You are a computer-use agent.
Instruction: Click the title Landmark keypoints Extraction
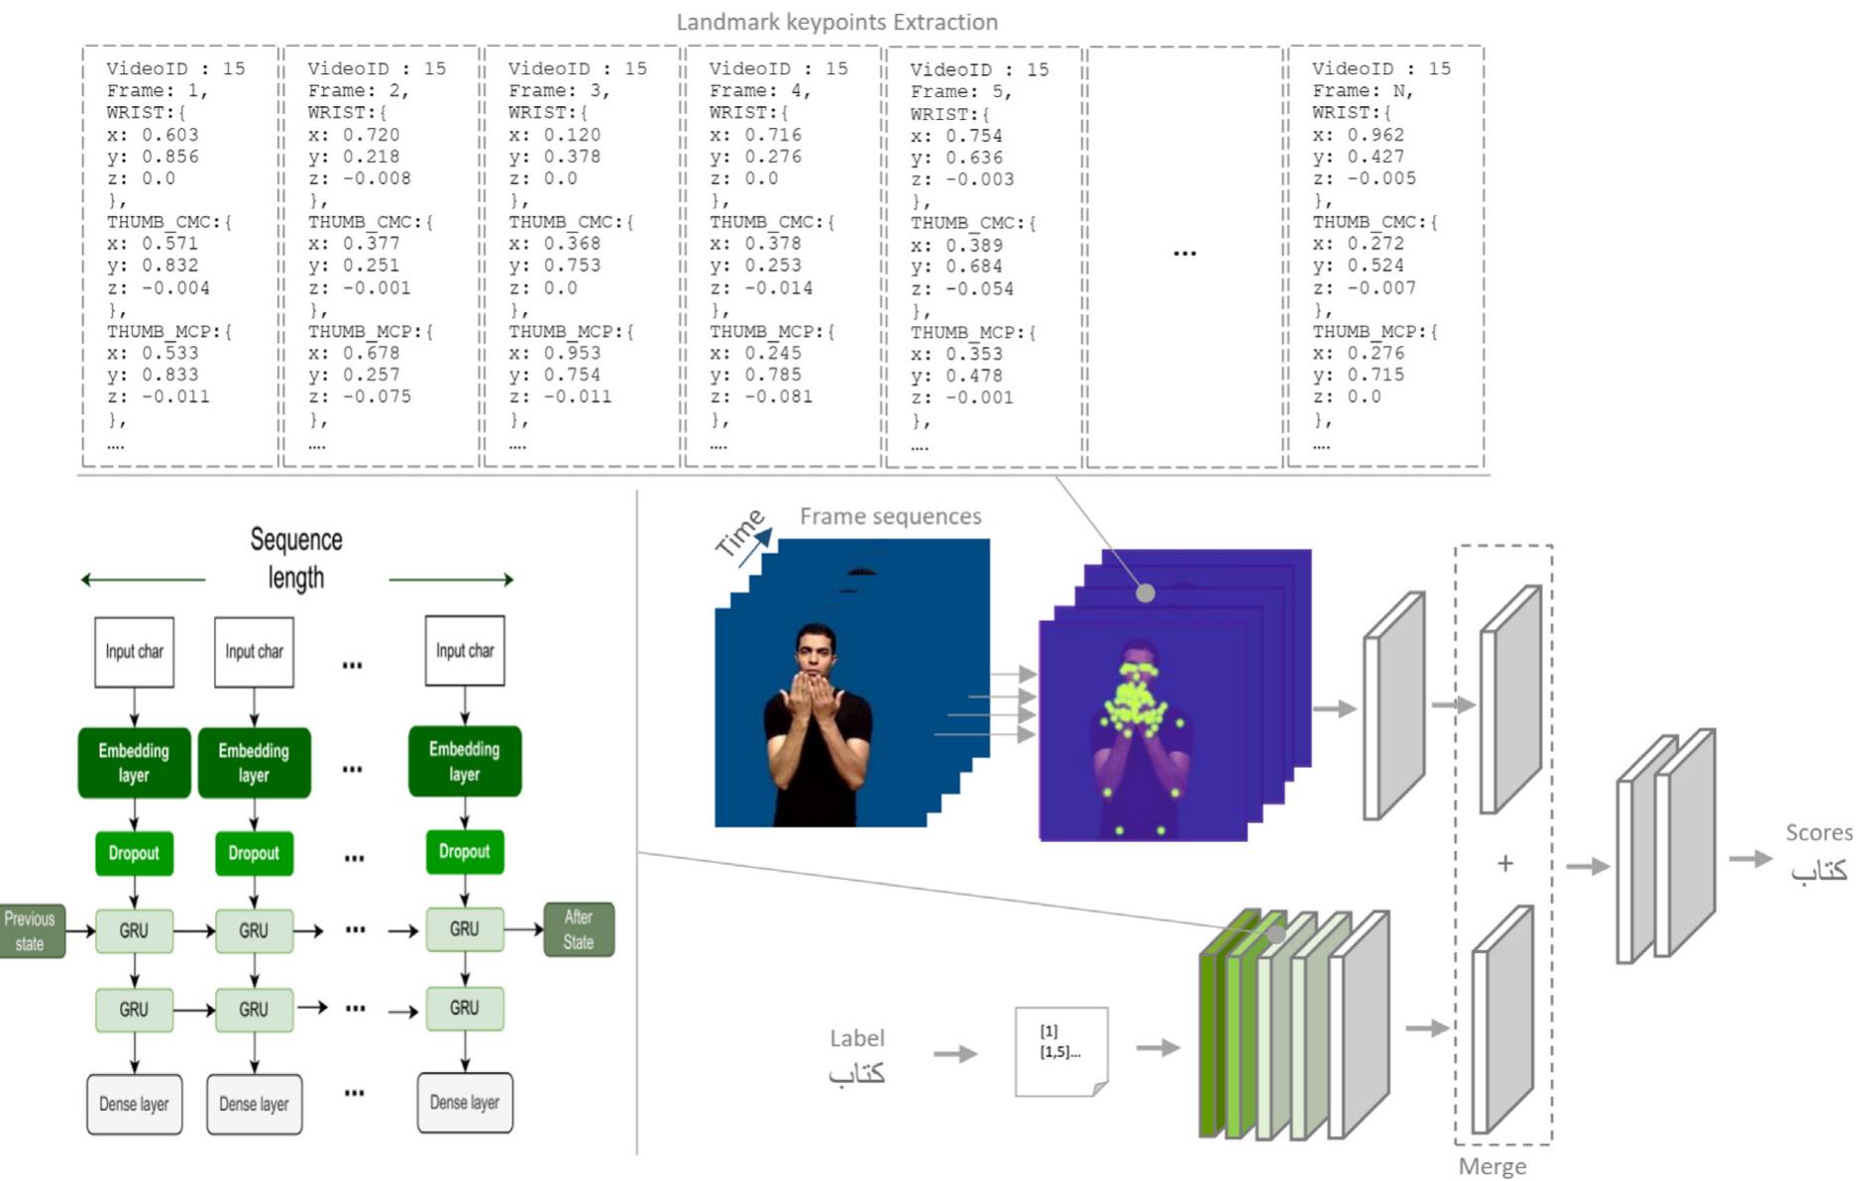pyautogui.click(x=836, y=22)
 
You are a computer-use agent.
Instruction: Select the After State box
pyautogui.click(x=579, y=929)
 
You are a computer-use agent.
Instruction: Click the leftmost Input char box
pyautogui.click(x=134, y=652)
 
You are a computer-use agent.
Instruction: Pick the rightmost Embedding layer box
pyautogui.click(x=464, y=761)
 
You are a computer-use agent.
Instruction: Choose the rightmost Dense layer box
pyautogui.click(x=464, y=1103)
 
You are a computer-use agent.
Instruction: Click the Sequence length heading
pyautogui.click(x=295, y=559)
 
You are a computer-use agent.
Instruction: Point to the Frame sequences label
pyautogui.click(x=890, y=516)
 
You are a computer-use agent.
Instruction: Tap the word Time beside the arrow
pyautogui.click(x=739, y=533)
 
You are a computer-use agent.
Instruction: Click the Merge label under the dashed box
pyautogui.click(x=1491, y=1166)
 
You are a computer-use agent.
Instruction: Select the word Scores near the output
pyautogui.click(x=1818, y=832)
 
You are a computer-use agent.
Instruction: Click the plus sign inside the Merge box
pyautogui.click(x=1504, y=864)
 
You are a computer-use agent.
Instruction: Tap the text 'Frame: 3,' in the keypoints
pyautogui.click(x=559, y=90)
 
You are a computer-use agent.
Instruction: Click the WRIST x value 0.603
pyautogui.click(x=169, y=135)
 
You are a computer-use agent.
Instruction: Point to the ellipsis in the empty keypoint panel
pyautogui.click(x=1184, y=254)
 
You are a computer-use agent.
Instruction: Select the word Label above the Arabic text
pyautogui.click(x=856, y=1037)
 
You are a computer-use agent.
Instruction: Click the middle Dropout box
pyautogui.click(x=254, y=853)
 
